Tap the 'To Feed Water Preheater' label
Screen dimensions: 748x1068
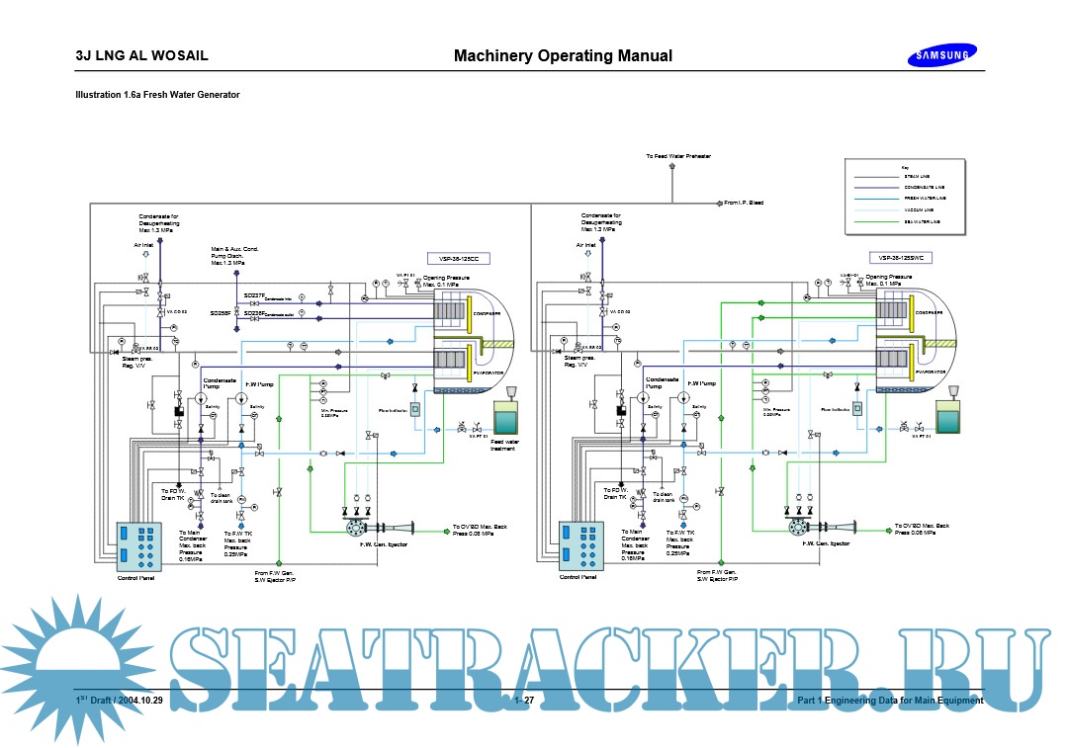[678, 156]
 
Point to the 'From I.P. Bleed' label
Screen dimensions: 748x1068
[744, 203]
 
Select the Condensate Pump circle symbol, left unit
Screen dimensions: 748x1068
[201, 397]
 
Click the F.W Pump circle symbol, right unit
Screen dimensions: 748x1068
[684, 397]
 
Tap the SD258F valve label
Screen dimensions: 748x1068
[221, 312]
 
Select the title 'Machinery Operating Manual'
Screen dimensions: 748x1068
[563, 55]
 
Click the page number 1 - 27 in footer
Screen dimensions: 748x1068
[524, 701]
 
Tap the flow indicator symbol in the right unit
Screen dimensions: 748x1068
[856, 408]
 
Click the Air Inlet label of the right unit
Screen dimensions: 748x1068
[587, 244]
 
